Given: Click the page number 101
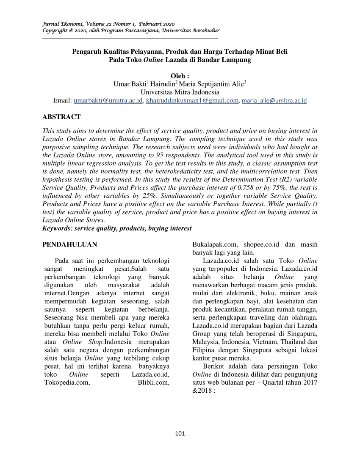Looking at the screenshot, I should point(180,433).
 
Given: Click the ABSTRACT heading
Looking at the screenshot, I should point(62,116).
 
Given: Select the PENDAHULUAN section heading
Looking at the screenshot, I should point(70,244).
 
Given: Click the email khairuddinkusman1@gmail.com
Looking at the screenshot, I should point(192,101).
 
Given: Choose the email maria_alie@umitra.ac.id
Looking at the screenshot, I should point(274,101).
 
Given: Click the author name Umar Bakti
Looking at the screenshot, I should point(129,84).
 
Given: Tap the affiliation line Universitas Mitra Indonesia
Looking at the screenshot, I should point(180,92).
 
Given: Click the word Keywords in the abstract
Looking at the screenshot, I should point(57,228).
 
